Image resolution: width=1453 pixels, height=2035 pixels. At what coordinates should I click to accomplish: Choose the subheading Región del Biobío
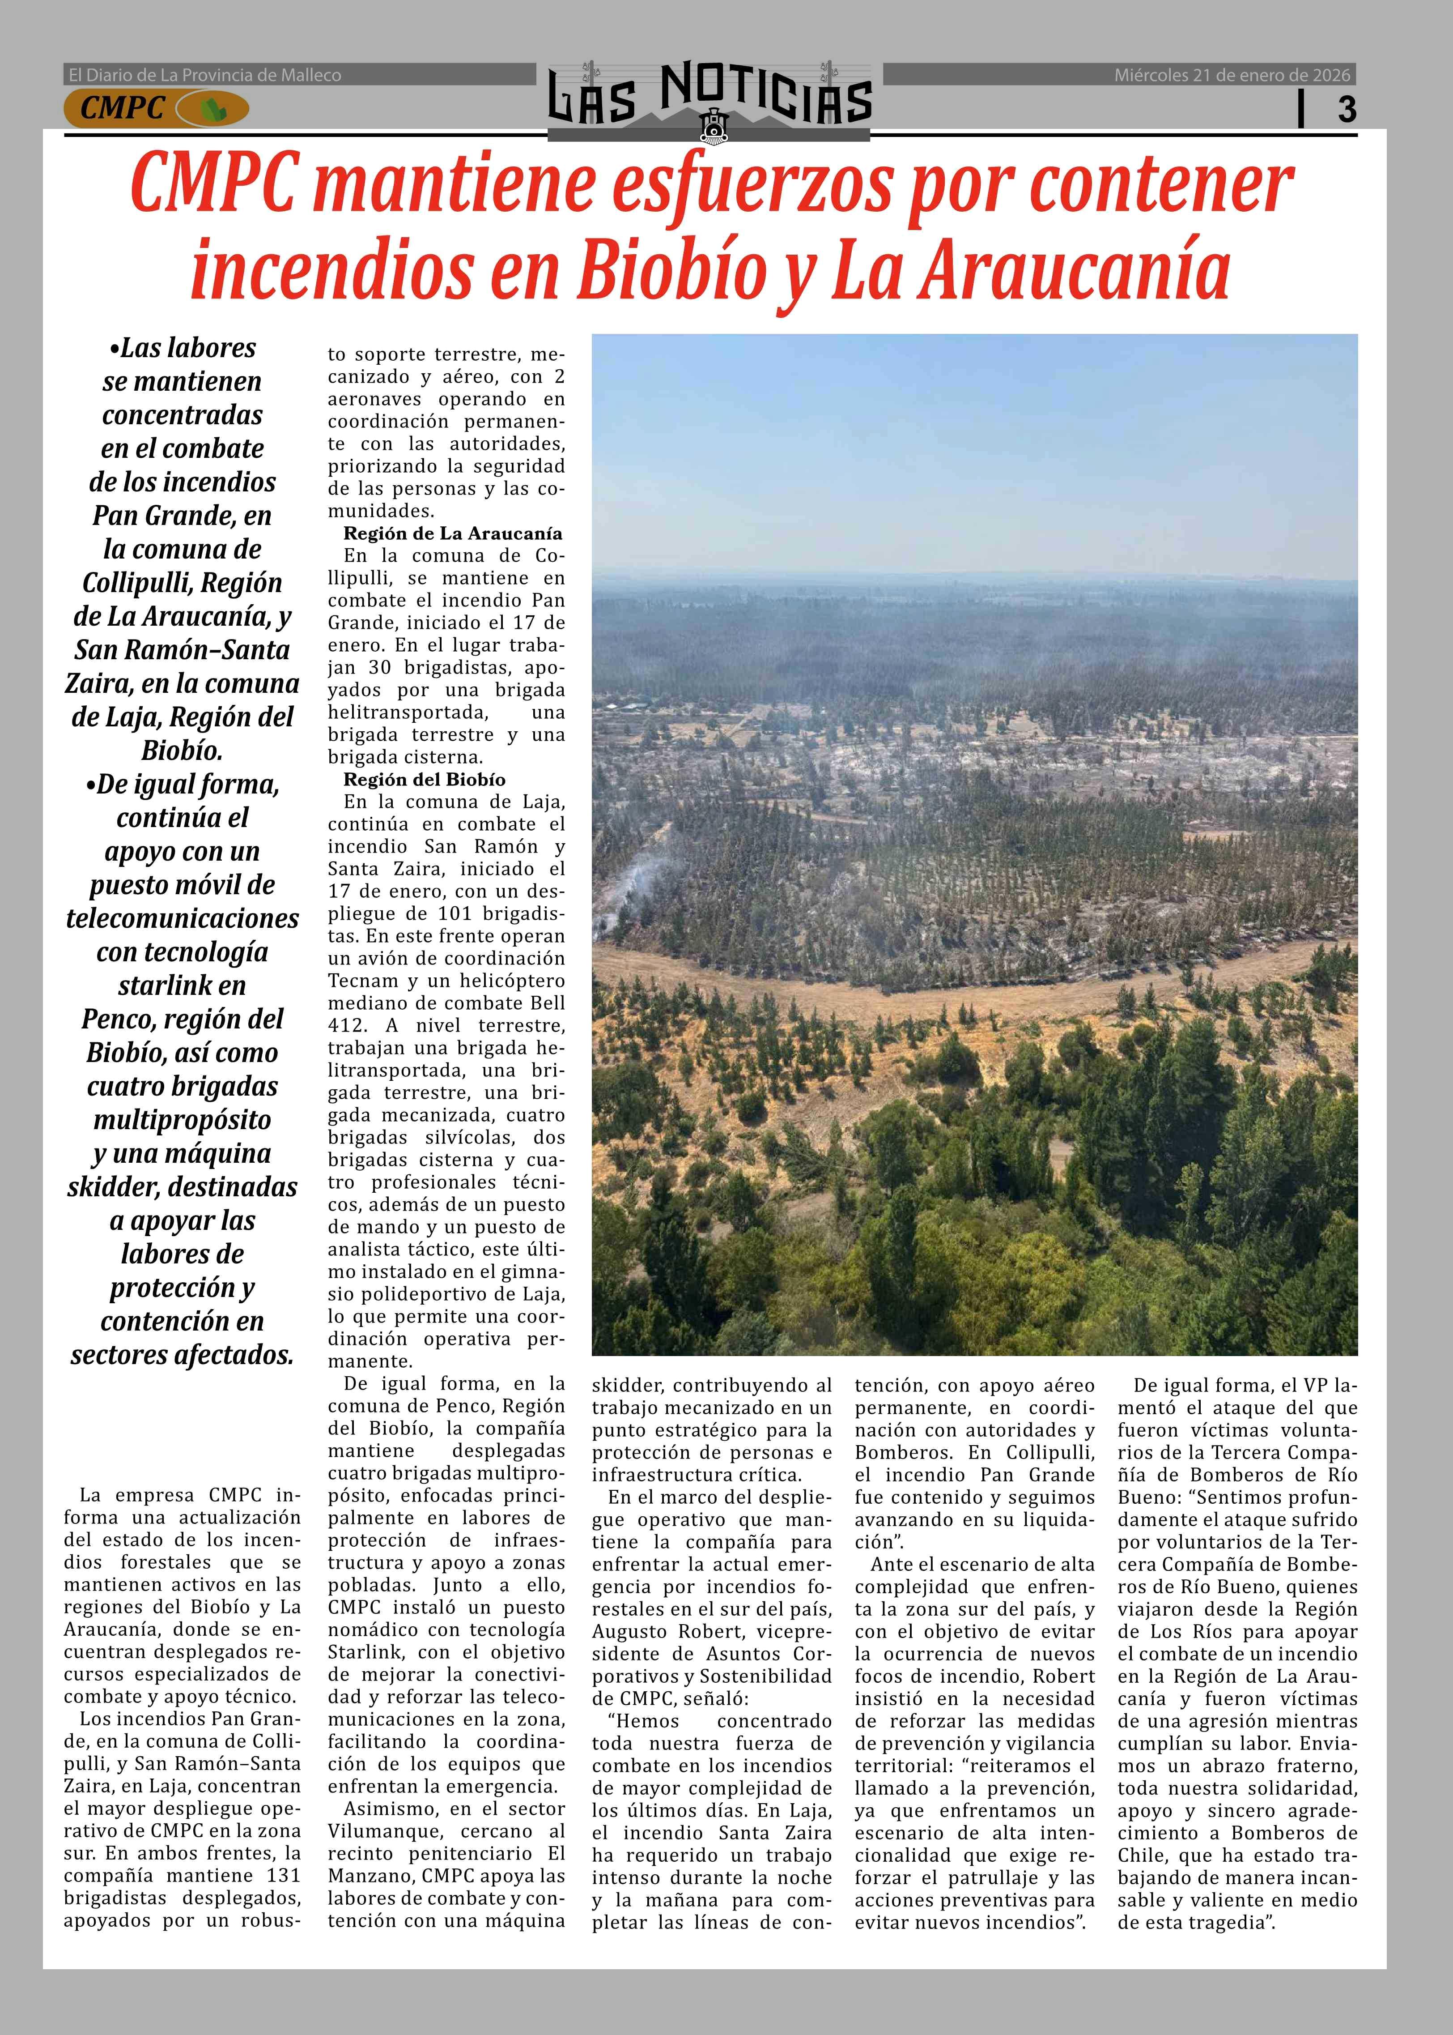coord(424,780)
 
